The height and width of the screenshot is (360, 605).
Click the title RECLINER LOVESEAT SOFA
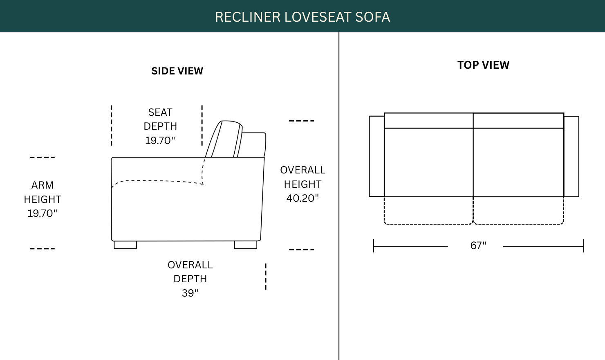tap(302, 17)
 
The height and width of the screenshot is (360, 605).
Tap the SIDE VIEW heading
tap(177, 71)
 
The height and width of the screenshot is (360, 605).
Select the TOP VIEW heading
tap(483, 65)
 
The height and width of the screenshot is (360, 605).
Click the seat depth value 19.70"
tap(160, 141)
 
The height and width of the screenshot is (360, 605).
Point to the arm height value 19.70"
tap(43, 214)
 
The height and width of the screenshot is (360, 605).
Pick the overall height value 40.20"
tap(302, 198)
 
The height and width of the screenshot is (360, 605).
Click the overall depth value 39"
tap(190, 293)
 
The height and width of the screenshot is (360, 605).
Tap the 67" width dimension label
tap(478, 246)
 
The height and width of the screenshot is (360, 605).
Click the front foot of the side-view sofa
tap(125, 245)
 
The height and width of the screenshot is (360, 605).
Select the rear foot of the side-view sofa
tap(246, 245)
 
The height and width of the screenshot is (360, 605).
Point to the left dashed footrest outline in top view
tap(428, 224)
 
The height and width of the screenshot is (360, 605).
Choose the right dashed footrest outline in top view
tap(519, 224)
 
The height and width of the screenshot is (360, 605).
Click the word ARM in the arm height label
tap(43, 185)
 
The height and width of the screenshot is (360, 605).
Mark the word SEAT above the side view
tap(160, 112)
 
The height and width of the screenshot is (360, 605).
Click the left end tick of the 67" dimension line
tap(374, 246)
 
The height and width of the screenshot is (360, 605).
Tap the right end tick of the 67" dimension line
tap(584, 246)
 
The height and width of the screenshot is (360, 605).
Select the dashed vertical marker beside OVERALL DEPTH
tap(266, 277)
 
